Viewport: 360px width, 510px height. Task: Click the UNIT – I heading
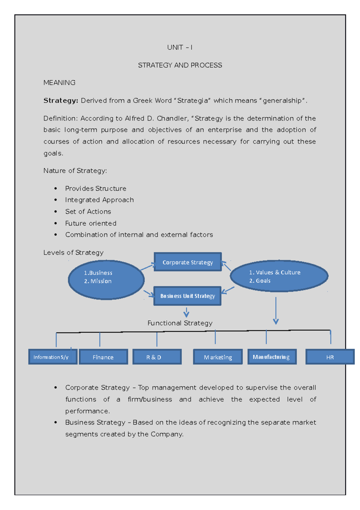point(179,47)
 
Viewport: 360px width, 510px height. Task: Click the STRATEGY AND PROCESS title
point(180,65)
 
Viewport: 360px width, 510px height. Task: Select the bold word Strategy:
point(61,101)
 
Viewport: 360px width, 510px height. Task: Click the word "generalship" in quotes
point(282,101)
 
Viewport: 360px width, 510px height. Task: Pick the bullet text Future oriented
point(91,223)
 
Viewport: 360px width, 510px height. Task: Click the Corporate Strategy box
point(188,262)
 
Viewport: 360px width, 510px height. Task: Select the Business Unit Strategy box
point(187,296)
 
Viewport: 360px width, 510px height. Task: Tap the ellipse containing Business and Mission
point(106,279)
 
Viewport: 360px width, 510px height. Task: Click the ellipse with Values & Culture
point(279,276)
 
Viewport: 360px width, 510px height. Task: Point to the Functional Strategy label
point(180,323)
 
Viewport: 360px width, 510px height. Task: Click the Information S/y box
point(52,357)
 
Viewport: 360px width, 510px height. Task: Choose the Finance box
point(103,357)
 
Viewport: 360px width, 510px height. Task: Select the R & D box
point(157,357)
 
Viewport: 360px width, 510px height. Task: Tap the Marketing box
point(218,357)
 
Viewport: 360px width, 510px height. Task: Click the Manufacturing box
point(271,357)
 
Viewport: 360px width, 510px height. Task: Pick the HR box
point(330,357)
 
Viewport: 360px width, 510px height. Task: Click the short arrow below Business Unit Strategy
point(186,312)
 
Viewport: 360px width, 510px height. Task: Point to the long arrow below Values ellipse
point(276,310)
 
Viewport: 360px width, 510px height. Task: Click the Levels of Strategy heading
point(73,253)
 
